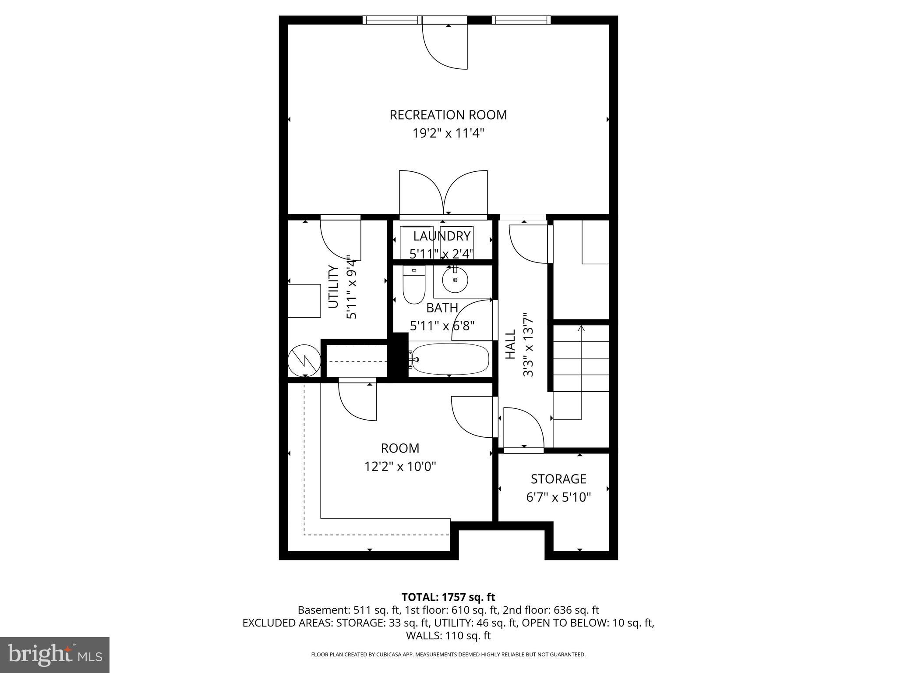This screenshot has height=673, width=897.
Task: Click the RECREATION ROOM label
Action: click(448, 115)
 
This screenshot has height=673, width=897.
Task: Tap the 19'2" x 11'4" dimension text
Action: click(448, 133)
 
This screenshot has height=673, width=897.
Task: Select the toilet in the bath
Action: click(414, 286)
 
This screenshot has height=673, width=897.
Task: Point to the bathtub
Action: click(450, 359)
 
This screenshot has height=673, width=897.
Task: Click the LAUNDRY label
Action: click(442, 236)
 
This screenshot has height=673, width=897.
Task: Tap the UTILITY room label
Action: click(334, 287)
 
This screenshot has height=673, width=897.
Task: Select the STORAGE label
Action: click(558, 479)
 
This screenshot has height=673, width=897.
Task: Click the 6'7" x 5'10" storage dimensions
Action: click(558, 497)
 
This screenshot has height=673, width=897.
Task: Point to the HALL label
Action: click(511, 344)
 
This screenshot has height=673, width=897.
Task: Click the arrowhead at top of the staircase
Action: click(581, 328)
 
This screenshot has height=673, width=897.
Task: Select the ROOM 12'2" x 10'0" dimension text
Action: click(400, 467)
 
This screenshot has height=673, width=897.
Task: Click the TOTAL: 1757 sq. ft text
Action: click(448, 597)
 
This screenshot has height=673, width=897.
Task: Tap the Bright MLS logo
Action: click(55, 655)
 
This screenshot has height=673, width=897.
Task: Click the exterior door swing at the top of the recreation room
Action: click(445, 46)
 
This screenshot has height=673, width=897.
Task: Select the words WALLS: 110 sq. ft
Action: click(448, 636)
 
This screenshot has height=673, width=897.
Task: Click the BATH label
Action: click(442, 308)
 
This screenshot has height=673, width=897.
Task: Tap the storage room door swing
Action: click(523, 427)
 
